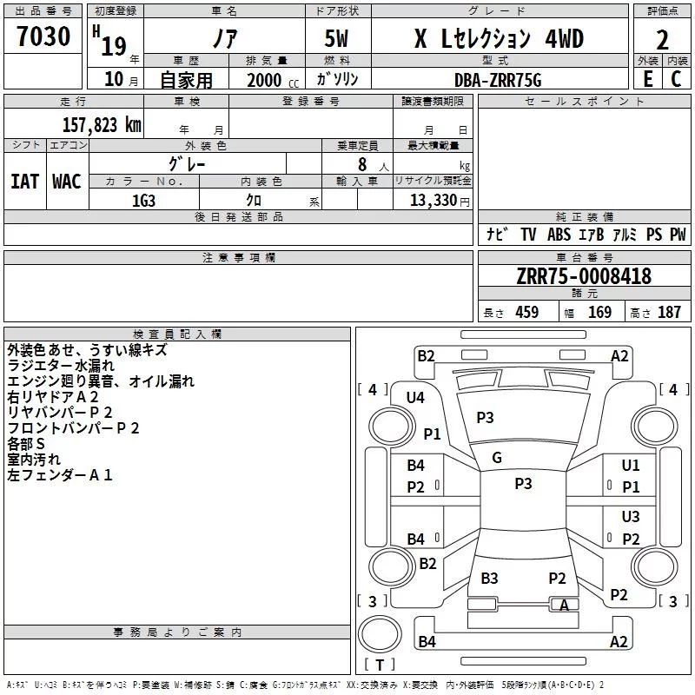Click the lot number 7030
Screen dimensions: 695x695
[x=43, y=37]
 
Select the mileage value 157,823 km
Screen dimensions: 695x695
[x=101, y=124]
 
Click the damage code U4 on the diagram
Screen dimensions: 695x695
[x=415, y=398]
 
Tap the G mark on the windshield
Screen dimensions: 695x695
[x=497, y=458]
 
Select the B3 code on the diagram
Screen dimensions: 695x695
[x=489, y=579]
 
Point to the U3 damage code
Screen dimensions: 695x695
[x=631, y=517]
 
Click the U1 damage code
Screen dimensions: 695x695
[x=631, y=466]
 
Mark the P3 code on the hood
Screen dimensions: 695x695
[x=485, y=418]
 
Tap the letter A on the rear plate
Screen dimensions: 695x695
[x=565, y=606]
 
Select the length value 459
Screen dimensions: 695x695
[x=527, y=313]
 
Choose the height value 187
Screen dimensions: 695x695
[x=669, y=313]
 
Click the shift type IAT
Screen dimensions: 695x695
[x=24, y=181]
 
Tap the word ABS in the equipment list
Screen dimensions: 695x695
[x=559, y=235]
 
